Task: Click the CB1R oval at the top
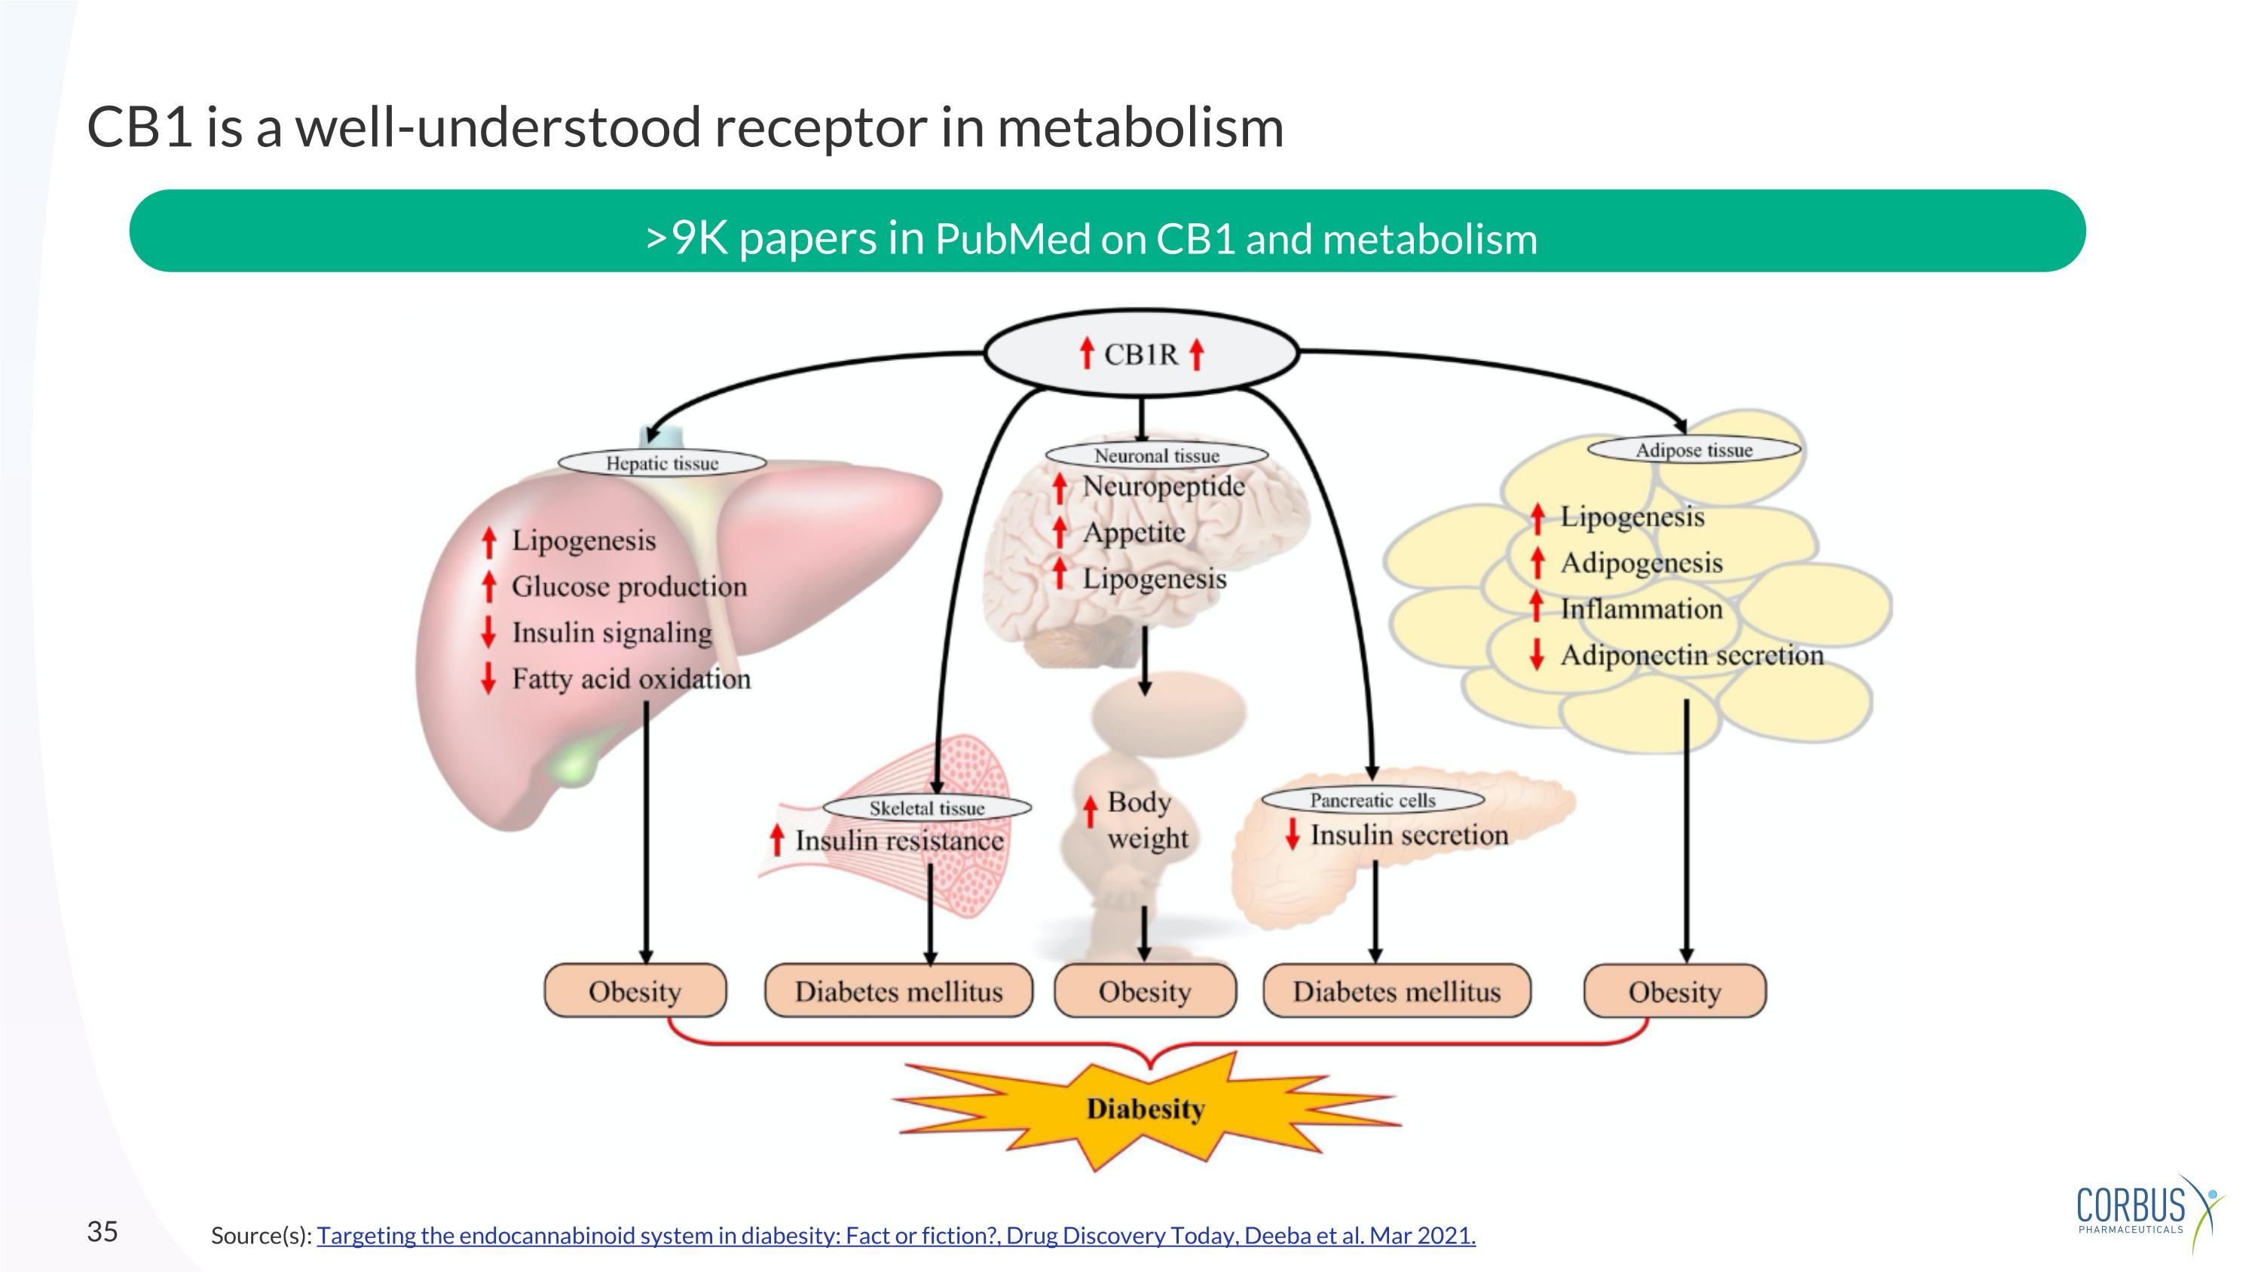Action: [1140, 353]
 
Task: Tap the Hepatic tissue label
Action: [662, 463]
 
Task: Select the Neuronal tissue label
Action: [1156, 455]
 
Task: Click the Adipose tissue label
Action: [1693, 449]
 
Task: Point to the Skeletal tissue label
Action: [927, 808]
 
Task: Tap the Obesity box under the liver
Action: [635, 991]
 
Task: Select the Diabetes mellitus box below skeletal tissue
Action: [898, 991]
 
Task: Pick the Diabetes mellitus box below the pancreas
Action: [1397, 991]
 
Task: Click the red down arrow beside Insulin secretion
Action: [1292, 834]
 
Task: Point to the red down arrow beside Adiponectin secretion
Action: [1536, 654]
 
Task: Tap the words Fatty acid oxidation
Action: [631, 679]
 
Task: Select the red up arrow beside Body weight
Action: [1089, 811]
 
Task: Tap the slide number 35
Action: [102, 1231]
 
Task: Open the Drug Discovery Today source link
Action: [895, 1235]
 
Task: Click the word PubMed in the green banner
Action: [1012, 240]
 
